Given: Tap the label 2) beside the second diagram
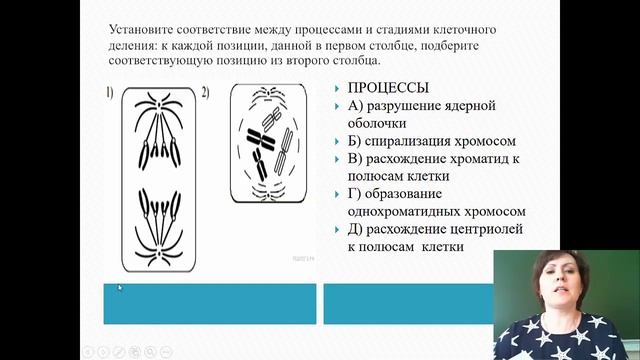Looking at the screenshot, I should coord(204,93).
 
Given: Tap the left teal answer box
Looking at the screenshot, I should coord(210,303).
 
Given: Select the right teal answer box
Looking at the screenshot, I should coord(407,303).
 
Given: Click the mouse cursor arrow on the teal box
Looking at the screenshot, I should coord(119,288).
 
